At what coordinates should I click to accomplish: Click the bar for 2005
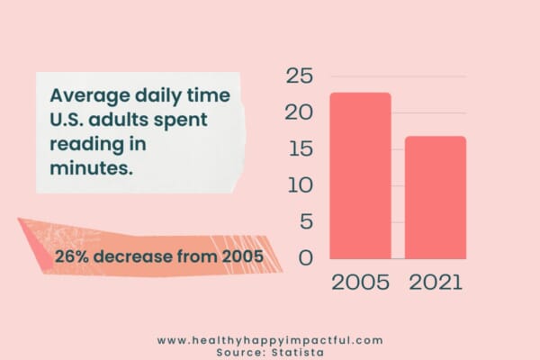tap(360, 175)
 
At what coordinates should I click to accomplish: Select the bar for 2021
tap(436, 197)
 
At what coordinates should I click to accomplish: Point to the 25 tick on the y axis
tap(300, 76)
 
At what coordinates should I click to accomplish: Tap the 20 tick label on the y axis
tap(299, 112)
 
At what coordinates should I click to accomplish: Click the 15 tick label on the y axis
tap(301, 148)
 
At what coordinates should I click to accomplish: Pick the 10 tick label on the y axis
tap(301, 185)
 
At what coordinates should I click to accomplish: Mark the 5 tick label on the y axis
tap(307, 221)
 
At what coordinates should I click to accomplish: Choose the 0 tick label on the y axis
tap(306, 257)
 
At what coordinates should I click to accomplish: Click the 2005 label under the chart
tap(360, 283)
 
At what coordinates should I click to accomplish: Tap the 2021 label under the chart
tap(436, 283)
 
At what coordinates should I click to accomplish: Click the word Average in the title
tap(90, 95)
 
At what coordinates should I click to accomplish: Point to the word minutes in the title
tap(91, 168)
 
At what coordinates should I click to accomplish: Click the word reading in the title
tap(86, 145)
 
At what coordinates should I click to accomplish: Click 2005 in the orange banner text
tap(242, 256)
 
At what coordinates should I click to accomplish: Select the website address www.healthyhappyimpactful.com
tap(270, 340)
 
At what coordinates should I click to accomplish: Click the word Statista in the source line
tap(298, 353)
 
